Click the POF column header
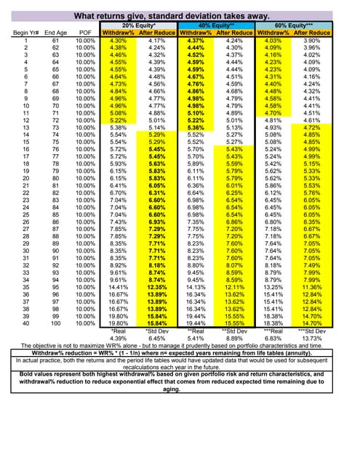click(x=85, y=33)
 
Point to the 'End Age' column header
click(x=55, y=33)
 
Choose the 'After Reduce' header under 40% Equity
click(x=234, y=33)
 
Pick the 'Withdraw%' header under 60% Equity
click(x=273, y=33)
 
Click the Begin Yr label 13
click(x=25, y=127)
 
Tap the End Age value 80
click(x=55, y=178)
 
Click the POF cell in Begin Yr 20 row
click(x=85, y=178)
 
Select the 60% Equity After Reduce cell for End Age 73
click(x=312, y=127)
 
